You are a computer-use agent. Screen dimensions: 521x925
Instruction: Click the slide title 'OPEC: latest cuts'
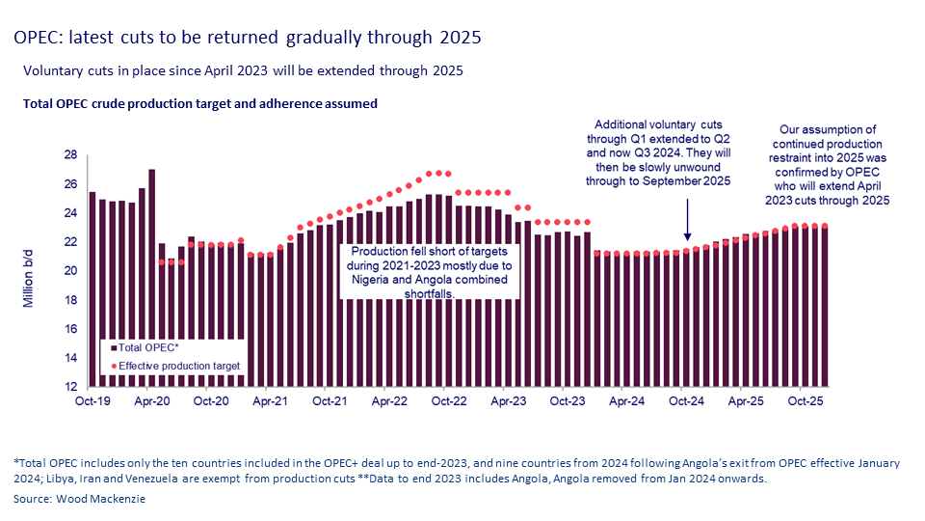coord(247,38)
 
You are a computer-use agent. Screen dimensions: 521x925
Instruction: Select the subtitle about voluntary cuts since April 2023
coord(243,71)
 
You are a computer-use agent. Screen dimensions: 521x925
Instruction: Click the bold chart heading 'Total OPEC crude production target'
coord(199,102)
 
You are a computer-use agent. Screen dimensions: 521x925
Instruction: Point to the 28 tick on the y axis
coord(70,154)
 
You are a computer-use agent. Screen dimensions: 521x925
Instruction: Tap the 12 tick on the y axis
coord(70,387)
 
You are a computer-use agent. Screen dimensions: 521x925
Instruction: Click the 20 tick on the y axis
coord(70,270)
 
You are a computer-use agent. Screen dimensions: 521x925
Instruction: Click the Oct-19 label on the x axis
coord(92,399)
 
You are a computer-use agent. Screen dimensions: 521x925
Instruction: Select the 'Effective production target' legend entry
coord(174,366)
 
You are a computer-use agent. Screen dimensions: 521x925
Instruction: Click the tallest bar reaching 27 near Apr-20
coord(151,280)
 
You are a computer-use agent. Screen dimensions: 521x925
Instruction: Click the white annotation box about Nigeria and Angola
coord(431,271)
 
